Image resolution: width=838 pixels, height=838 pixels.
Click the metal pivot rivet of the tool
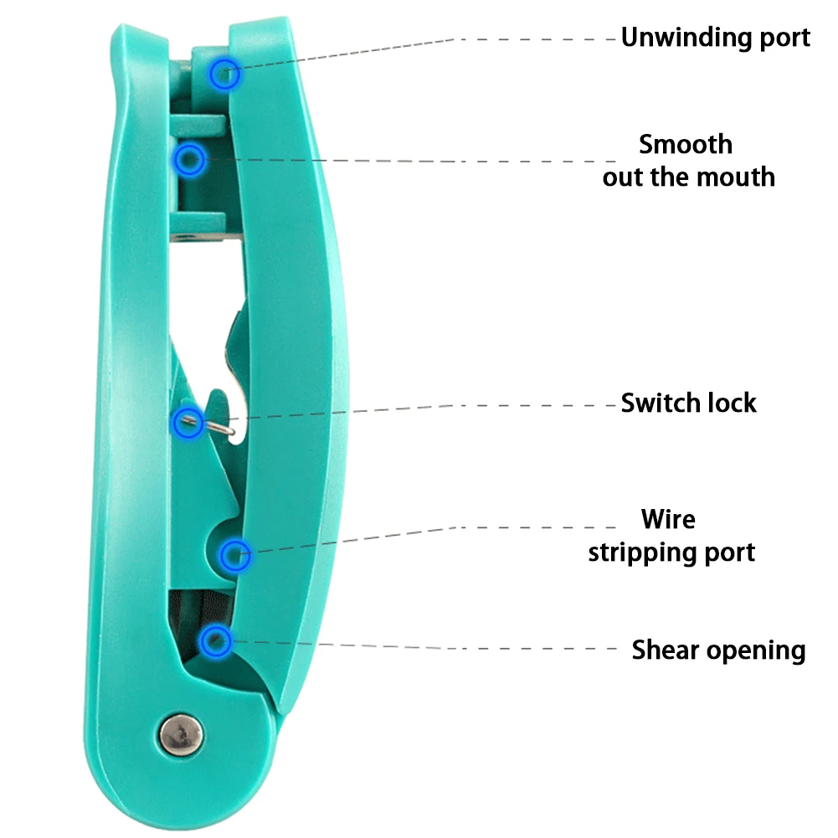coord(181,735)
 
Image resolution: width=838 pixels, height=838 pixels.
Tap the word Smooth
coord(686,144)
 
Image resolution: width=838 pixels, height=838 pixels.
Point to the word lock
coord(732,403)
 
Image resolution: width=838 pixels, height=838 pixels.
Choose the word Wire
coord(668,519)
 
